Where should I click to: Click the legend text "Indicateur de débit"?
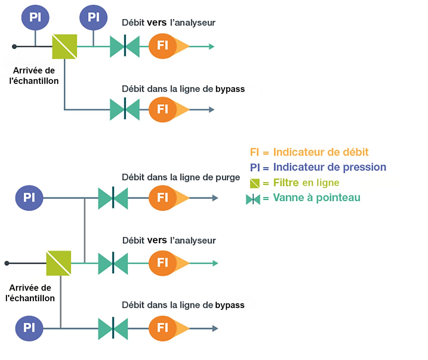tap(321, 152)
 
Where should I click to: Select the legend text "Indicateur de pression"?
tap(330, 167)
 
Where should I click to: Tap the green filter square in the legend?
tap(255, 183)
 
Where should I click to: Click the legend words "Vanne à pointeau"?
tap(316, 198)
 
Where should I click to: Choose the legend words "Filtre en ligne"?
tap(306, 183)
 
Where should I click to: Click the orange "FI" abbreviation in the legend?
tap(254, 152)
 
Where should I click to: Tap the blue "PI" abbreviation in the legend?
tap(255, 167)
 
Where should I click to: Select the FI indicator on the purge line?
tap(163, 198)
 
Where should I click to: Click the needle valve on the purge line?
tap(113, 198)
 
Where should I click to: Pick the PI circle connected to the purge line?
tap(29, 198)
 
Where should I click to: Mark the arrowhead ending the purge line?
tap(215, 198)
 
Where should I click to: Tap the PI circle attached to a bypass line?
tap(29, 328)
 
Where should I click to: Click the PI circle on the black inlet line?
tap(35, 17)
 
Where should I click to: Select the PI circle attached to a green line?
tap(93, 17)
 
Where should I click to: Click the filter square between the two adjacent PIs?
tap(64, 47)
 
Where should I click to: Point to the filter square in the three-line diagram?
tap(58, 263)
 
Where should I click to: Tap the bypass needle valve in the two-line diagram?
tap(125, 110)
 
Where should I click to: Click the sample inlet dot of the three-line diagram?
tap(7, 263)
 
